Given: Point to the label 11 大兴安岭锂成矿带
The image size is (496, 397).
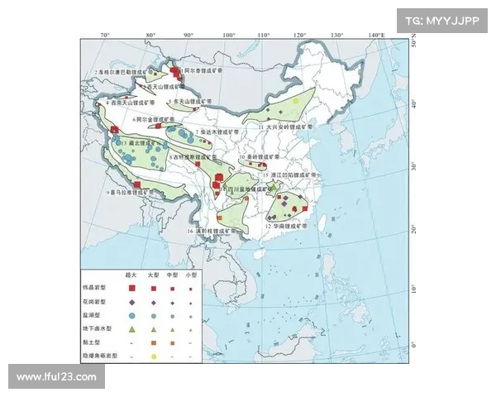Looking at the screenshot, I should pos(282,129).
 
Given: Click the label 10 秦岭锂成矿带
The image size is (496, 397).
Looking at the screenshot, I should pos(261,155).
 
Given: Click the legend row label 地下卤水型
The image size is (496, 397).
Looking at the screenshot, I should pos(98,328).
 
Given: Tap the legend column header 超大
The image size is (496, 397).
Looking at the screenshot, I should pos(131,274).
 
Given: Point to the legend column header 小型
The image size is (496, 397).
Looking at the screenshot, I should pos(191,274).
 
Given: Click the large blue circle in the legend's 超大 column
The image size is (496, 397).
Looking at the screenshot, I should pos(131,315).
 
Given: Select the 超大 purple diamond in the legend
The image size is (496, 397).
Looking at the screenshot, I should pos(131,302).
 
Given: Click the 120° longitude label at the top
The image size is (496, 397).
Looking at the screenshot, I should pos(299,36).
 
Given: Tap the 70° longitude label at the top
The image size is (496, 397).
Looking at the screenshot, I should pos(105,36).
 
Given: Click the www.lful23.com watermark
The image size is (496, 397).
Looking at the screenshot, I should pos(56,377).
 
